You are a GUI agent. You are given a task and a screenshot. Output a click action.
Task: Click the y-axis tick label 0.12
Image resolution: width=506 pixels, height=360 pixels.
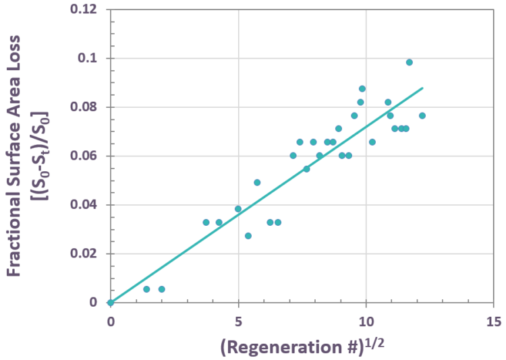(86, 10)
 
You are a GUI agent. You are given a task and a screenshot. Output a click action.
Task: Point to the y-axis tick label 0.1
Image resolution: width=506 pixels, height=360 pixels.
(90, 59)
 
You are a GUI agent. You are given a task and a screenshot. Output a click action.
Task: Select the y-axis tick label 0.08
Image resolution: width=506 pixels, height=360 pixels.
(86, 107)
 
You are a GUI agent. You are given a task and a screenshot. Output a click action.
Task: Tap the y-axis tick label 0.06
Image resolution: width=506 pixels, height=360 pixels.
(86, 156)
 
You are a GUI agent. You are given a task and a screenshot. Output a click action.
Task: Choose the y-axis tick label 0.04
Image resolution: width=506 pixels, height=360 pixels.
(86, 205)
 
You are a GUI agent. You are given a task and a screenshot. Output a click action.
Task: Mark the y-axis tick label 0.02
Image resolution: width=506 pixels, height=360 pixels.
(86, 254)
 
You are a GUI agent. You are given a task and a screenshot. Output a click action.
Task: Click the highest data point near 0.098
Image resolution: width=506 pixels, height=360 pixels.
(409, 62)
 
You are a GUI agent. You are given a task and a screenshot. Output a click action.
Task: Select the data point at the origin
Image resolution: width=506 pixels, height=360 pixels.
(111, 303)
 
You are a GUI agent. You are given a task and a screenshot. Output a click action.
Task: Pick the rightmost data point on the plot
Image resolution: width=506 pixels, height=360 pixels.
(422, 115)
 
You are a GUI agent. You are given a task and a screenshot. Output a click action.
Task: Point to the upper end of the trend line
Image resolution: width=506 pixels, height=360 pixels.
(422, 88)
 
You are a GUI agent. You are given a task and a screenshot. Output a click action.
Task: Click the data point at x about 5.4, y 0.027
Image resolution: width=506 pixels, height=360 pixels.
(248, 236)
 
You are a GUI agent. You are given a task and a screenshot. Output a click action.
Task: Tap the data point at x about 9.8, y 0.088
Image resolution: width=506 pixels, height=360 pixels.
(362, 88)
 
